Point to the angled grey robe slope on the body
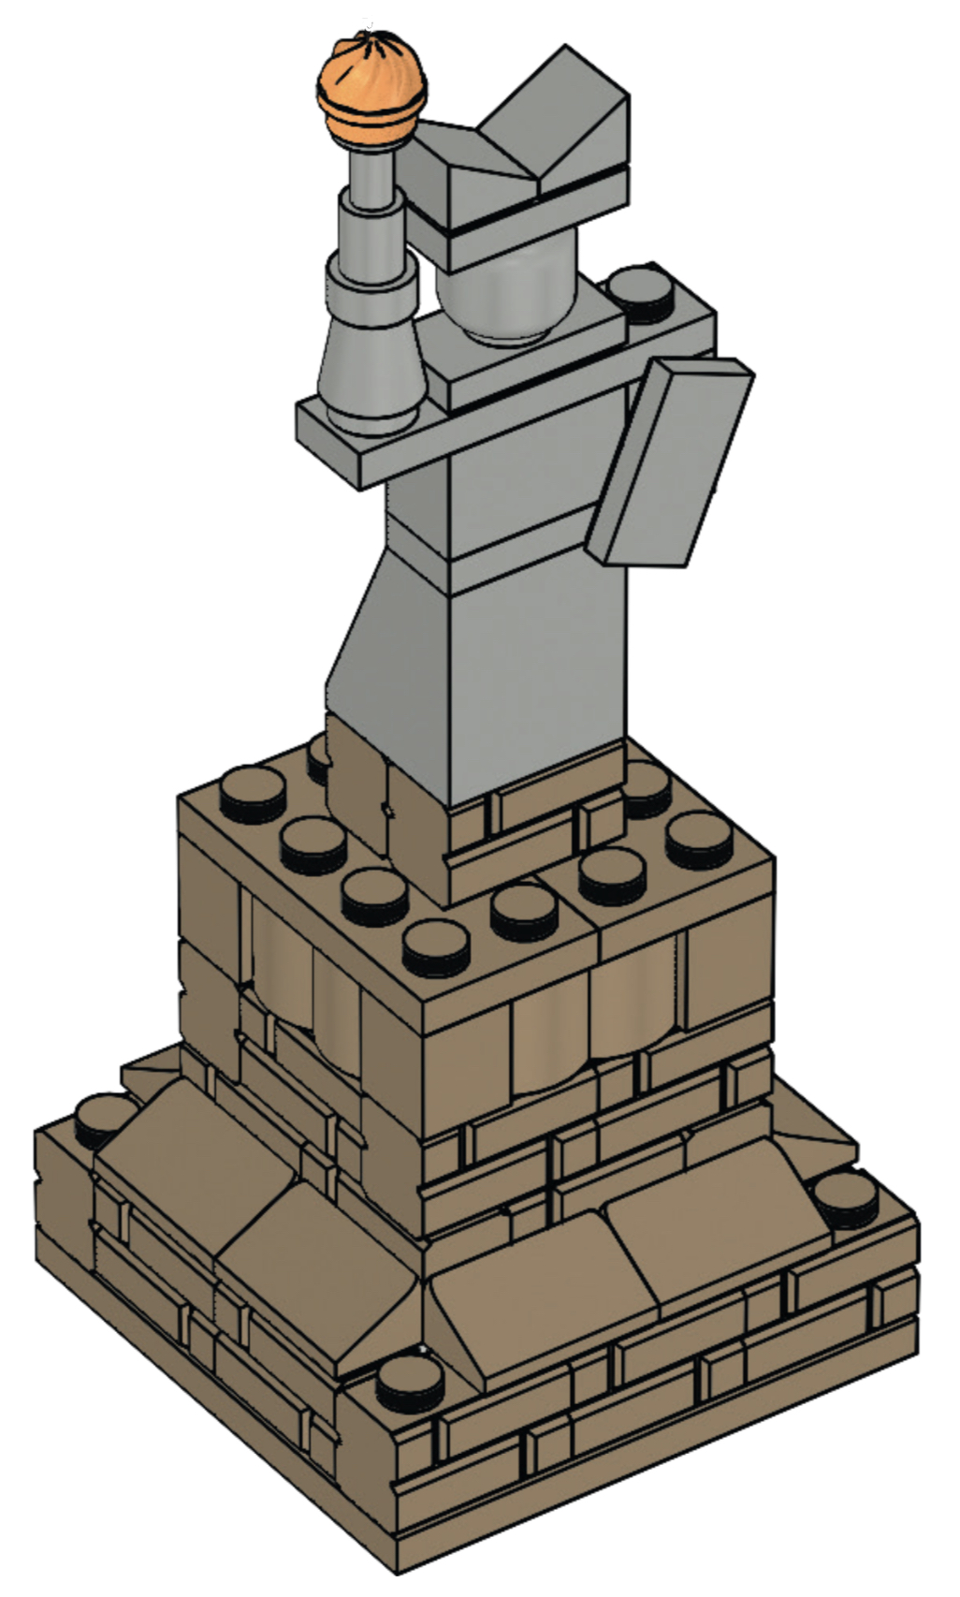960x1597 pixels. pyautogui.click(x=374, y=646)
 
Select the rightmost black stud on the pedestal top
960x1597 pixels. pyautogui.click(x=700, y=838)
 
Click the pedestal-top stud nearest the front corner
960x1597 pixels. pyautogui.click(x=436, y=948)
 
